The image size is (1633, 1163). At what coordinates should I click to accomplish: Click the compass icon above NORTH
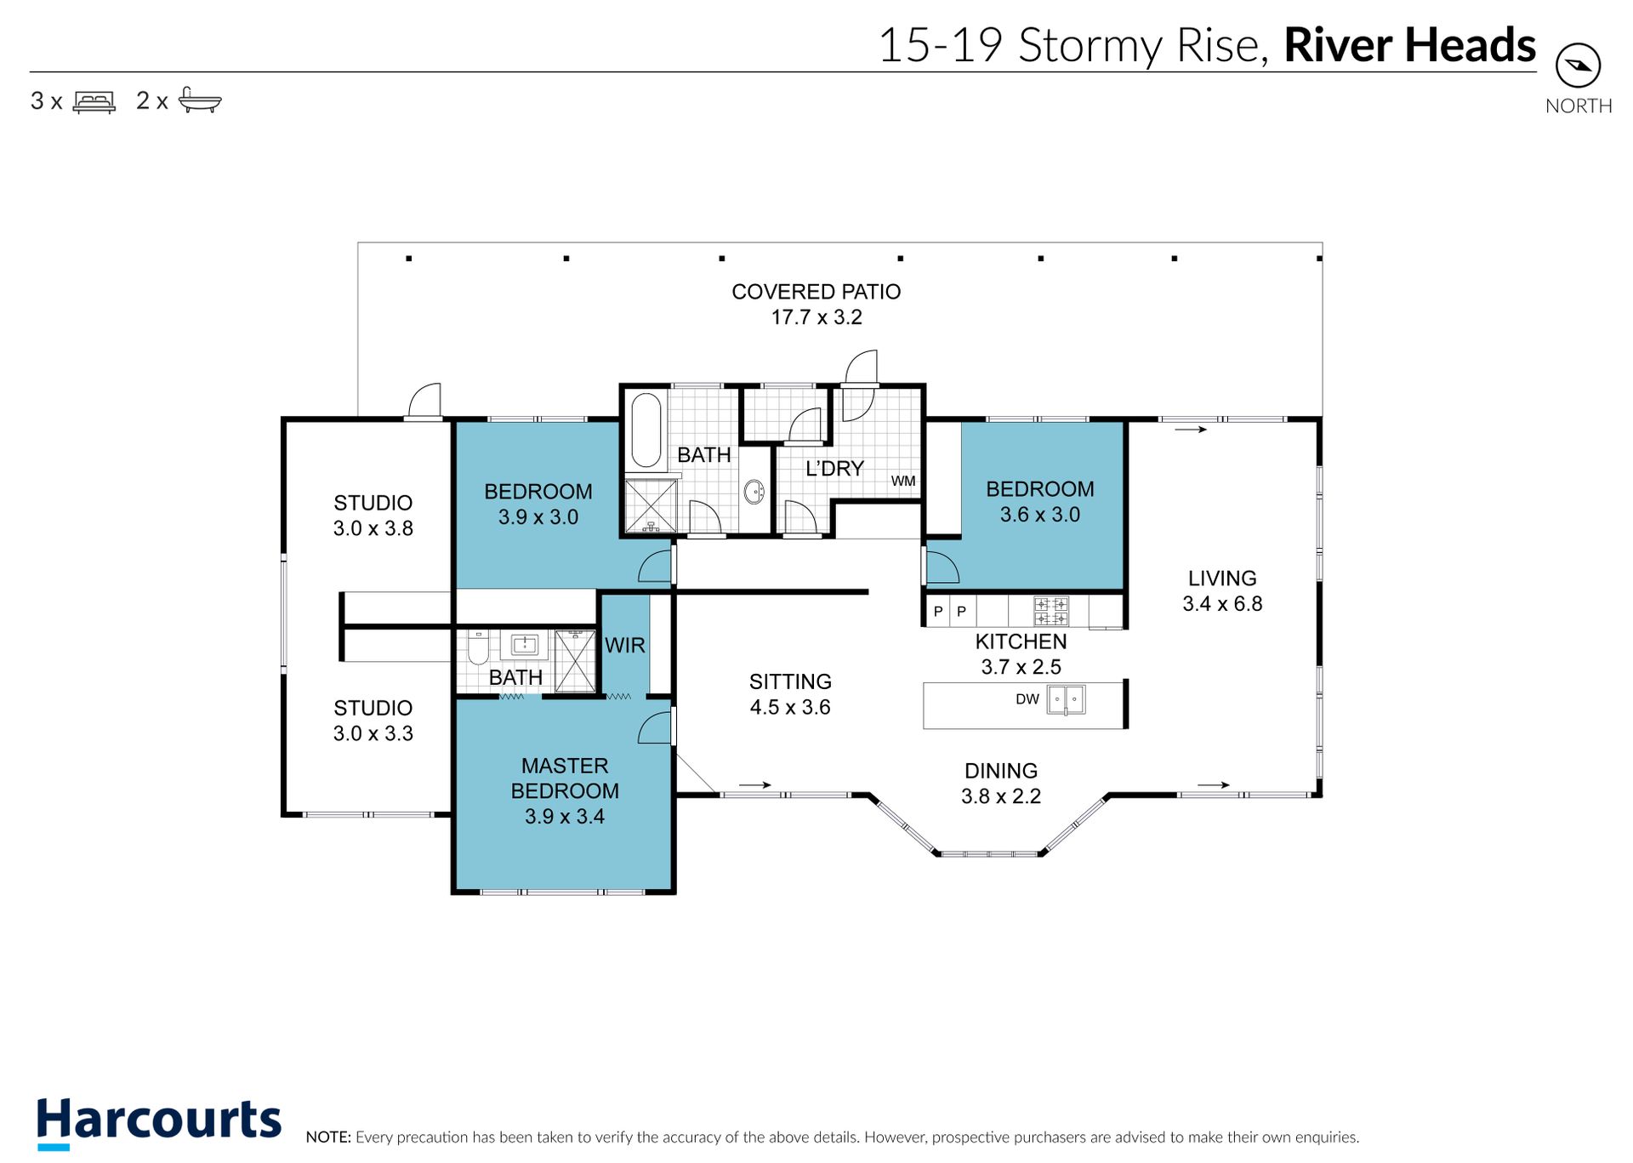click(x=1578, y=66)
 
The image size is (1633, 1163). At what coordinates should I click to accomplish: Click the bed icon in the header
click(x=94, y=102)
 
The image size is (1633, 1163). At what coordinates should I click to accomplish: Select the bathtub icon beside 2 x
click(x=200, y=100)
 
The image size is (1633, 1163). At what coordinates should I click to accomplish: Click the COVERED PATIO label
click(x=816, y=292)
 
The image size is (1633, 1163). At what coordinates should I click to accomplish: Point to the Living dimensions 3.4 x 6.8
click(x=1222, y=604)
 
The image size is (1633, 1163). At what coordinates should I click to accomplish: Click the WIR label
click(x=625, y=646)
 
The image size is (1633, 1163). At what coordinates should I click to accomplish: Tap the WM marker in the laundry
click(x=903, y=481)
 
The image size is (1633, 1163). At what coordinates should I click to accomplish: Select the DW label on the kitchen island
click(x=1027, y=699)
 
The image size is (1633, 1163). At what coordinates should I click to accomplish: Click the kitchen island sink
click(x=1066, y=700)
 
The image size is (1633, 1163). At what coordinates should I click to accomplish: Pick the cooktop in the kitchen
click(x=1051, y=612)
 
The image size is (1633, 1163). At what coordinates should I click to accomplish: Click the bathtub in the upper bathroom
click(x=646, y=430)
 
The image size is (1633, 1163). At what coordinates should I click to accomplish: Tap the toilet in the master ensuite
click(x=478, y=648)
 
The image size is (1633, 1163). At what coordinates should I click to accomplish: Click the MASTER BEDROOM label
click(x=565, y=778)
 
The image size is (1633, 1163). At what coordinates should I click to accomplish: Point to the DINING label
click(x=1001, y=771)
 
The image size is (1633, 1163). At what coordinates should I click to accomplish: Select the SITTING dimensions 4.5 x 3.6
click(x=790, y=708)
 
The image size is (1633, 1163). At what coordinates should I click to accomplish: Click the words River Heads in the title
click(x=1409, y=45)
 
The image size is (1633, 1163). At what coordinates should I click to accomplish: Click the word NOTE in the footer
click(x=327, y=1137)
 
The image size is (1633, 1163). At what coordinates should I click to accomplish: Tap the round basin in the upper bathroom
click(x=754, y=491)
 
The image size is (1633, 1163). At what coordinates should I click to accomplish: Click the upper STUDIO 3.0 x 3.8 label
click(x=373, y=516)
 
